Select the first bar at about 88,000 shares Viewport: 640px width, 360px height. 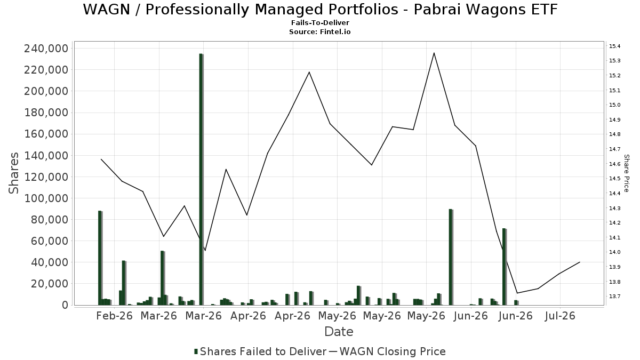(100, 258)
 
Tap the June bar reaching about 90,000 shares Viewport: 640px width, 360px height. (451, 257)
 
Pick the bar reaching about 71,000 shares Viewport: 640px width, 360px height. (505, 267)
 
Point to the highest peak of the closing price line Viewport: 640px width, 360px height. (434, 53)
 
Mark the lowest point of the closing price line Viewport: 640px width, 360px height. (517, 293)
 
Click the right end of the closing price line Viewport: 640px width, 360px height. (580, 262)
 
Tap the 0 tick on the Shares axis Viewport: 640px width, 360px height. (66, 305)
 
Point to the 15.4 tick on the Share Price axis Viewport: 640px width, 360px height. (614, 46)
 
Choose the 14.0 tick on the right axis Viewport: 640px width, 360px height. (614, 252)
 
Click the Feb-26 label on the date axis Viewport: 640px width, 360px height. (114, 316)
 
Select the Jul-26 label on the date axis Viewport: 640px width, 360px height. (560, 316)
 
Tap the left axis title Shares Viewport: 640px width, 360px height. (13, 173)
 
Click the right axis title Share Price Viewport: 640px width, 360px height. (627, 173)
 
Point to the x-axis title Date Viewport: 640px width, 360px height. (339, 332)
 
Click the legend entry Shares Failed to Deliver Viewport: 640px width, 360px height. (260, 351)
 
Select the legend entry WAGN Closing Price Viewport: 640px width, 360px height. (388, 351)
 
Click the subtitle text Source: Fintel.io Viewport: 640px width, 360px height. (320, 31)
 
